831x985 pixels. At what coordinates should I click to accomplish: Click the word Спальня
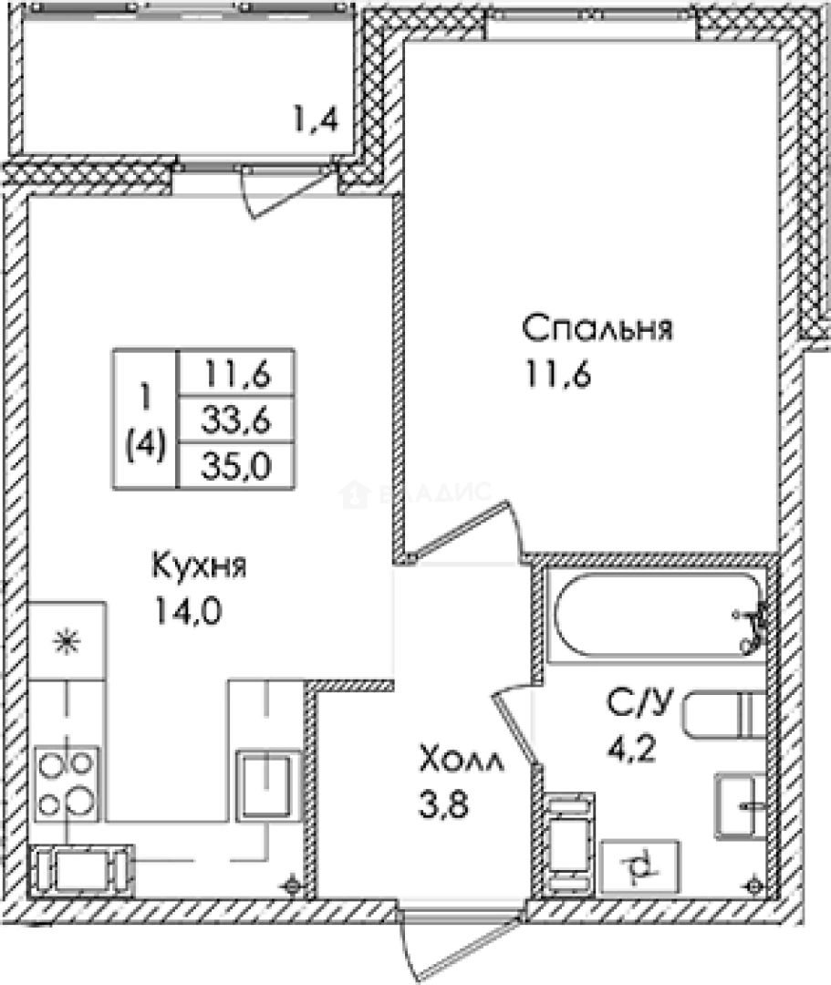(x=597, y=327)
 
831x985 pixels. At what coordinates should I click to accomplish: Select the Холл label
(x=462, y=758)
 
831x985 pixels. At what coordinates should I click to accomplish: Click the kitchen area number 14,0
(x=190, y=610)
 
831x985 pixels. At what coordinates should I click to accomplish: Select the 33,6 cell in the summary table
(x=236, y=420)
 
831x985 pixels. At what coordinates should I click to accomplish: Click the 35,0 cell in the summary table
(x=236, y=466)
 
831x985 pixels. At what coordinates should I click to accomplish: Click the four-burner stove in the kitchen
(x=66, y=782)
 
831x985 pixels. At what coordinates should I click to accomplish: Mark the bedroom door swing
(x=465, y=534)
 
